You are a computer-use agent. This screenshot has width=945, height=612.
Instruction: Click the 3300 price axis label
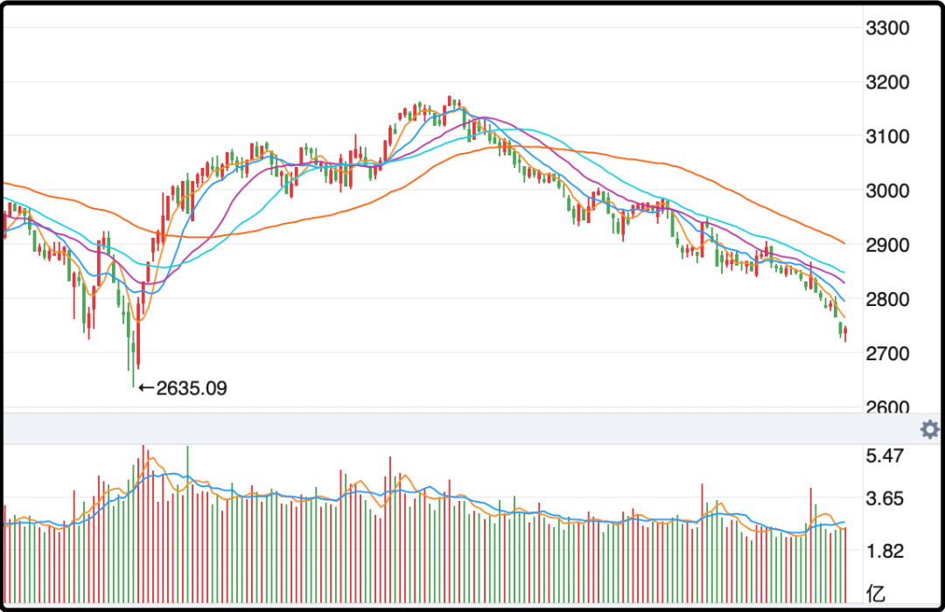coord(886,28)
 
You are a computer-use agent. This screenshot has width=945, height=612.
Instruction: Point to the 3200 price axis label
coord(886,82)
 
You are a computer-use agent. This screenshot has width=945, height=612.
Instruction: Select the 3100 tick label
coord(886,136)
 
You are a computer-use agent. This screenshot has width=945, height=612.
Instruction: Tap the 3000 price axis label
coord(886,191)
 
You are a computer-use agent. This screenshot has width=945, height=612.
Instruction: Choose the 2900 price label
coord(886,245)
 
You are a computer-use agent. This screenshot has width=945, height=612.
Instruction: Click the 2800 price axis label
coord(886,299)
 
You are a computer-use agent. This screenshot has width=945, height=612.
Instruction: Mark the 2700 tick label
coord(886,353)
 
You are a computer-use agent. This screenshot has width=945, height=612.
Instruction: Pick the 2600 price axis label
coord(886,407)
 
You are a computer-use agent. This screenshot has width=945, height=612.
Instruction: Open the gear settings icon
coord(929,429)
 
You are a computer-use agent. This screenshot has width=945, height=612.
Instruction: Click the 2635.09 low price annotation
coord(191,387)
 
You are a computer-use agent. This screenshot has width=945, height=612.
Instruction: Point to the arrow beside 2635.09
coord(146,387)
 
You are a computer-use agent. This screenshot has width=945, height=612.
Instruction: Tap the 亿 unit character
coord(875,590)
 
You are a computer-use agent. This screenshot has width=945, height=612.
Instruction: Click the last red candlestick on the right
coord(845,332)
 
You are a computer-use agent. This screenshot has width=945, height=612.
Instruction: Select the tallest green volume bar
coord(187,525)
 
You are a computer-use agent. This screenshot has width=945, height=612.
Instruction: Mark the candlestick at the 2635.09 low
coord(133,350)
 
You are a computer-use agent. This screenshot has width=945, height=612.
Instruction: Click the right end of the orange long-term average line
coord(842,242)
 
